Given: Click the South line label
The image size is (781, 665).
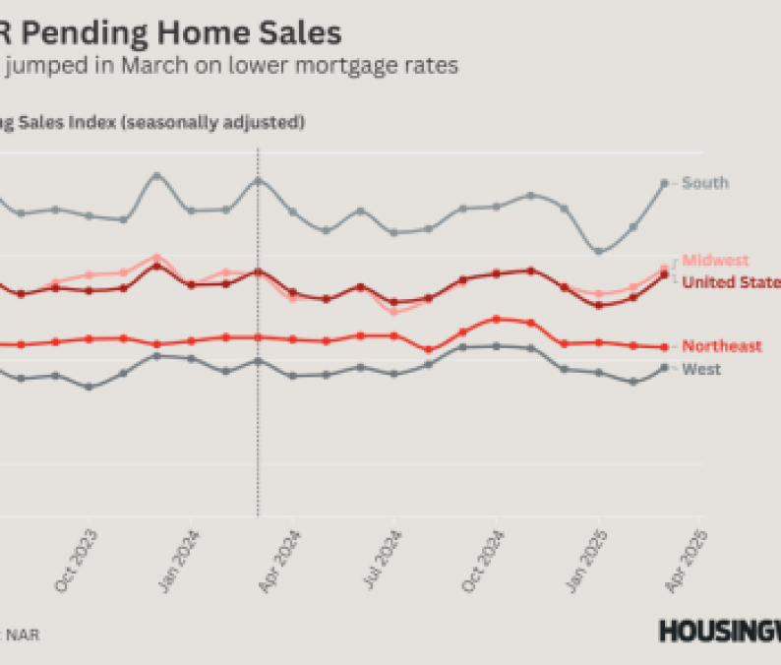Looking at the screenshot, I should (x=705, y=183).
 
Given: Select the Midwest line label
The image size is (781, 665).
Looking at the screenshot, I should (x=715, y=261).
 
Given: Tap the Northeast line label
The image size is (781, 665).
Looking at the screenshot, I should (x=722, y=346).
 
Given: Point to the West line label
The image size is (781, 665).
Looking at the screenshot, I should (x=701, y=370).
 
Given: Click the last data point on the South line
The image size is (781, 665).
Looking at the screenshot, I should (x=665, y=183).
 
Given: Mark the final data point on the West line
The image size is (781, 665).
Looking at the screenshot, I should (x=665, y=367).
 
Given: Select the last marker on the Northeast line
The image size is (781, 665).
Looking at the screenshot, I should (x=665, y=346).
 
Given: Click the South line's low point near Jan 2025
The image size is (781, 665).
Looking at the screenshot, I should (x=598, y=251).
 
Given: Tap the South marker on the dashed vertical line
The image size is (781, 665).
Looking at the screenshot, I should (x=258, y=180).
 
